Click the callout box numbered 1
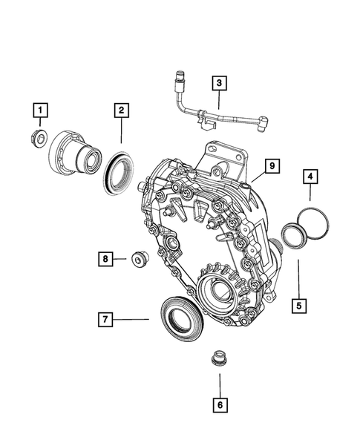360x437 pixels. coord(41,111)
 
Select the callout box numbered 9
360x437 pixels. coord(272,165)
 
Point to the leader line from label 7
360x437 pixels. coord(132,319)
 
